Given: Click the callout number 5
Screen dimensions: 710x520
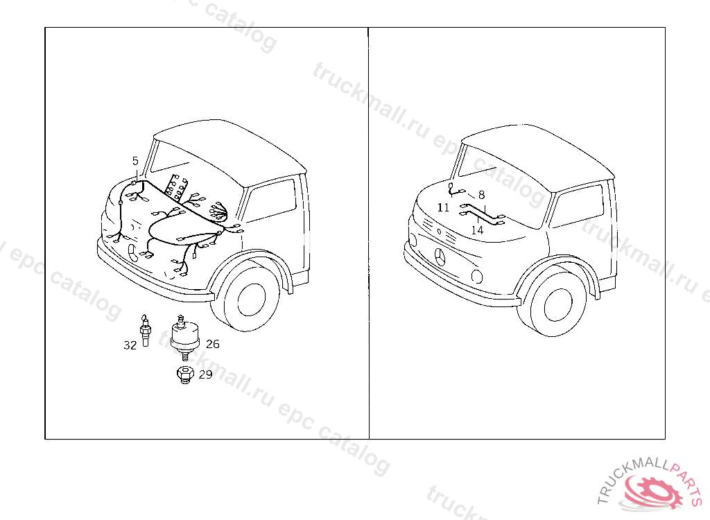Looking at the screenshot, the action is [135, 161].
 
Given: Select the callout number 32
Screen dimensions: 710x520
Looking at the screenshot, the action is [130, 345].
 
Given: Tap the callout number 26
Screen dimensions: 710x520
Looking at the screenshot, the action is [213, 345].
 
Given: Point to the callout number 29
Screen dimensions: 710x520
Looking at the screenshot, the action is [205, 374].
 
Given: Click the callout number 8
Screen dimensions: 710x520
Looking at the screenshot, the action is [481, 195].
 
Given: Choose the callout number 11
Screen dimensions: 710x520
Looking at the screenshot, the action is [443, 207].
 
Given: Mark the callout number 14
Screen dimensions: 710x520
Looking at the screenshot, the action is [477, 230].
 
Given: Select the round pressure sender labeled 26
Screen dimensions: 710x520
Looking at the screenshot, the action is [184, 337].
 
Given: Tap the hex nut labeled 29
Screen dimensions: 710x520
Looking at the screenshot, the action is [184, 374].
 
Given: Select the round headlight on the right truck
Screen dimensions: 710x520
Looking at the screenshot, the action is [476, 276].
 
